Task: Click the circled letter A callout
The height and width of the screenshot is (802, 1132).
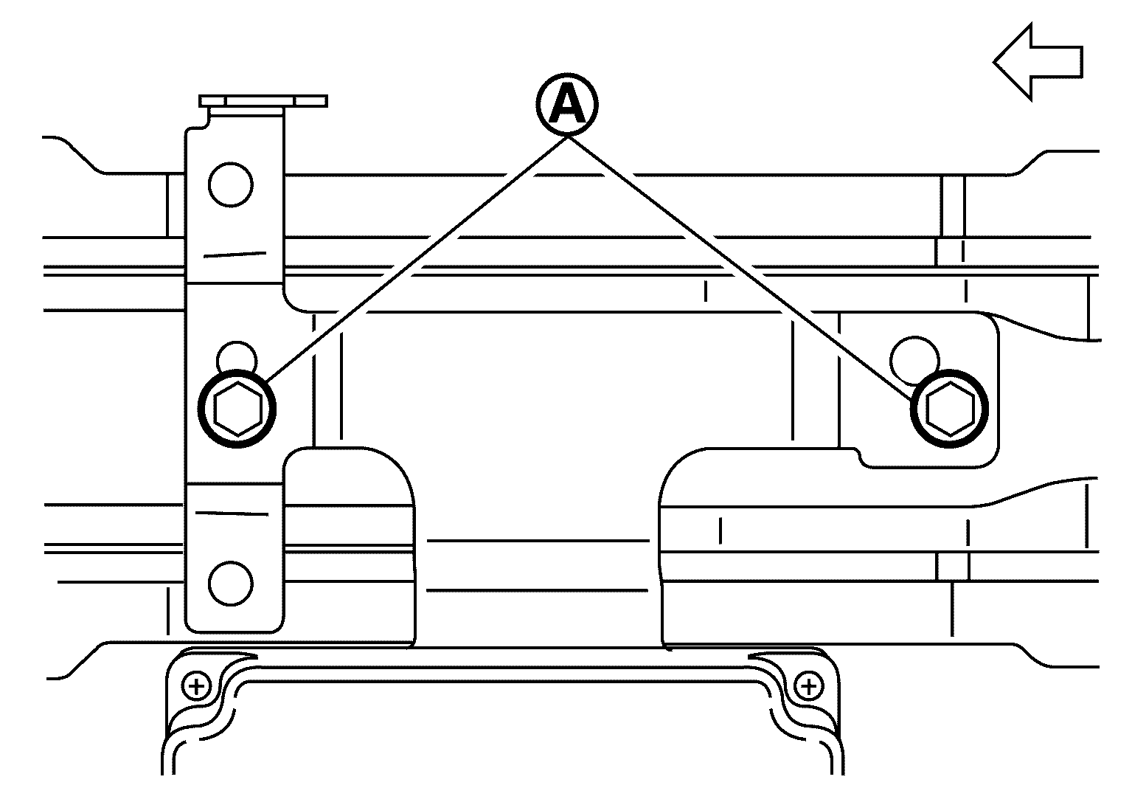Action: (567, 105)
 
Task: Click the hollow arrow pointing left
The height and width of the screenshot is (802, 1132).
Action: (1038, 62)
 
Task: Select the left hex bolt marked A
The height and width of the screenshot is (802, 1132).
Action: (237, 409)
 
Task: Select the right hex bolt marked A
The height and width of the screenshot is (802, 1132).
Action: (949, 409)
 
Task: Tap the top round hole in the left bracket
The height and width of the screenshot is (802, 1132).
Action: (230, 184)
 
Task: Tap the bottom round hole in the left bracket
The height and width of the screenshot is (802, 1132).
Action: (230, 583)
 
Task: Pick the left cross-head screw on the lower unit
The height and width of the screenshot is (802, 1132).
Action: (197, 687)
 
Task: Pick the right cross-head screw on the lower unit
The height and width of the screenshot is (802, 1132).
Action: (808, 687)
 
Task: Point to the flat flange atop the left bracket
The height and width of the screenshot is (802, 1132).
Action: (263, 101)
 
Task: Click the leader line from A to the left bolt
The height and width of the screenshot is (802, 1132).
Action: (417, 259)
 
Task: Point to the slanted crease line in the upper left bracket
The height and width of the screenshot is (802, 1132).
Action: (235, 255)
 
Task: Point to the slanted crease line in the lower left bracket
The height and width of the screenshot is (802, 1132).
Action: (232, 514)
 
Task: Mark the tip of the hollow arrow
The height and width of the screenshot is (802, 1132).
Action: (994, 62)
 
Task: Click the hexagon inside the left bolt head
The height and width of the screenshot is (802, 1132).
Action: (237, 409)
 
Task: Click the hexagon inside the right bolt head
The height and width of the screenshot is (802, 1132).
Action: (950, 409)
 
